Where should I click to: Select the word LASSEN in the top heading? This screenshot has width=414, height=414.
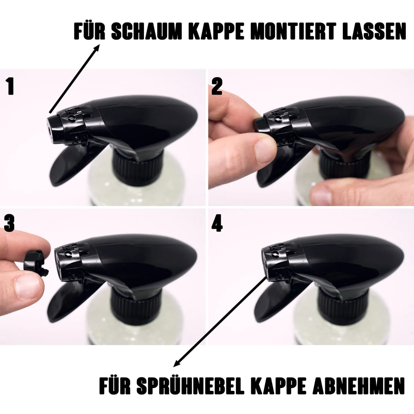point(374,32)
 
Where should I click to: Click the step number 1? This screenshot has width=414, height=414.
point(10,86)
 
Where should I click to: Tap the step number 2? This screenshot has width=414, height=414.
point(217,86)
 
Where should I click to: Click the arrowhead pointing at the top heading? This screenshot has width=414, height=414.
point(97,48)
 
